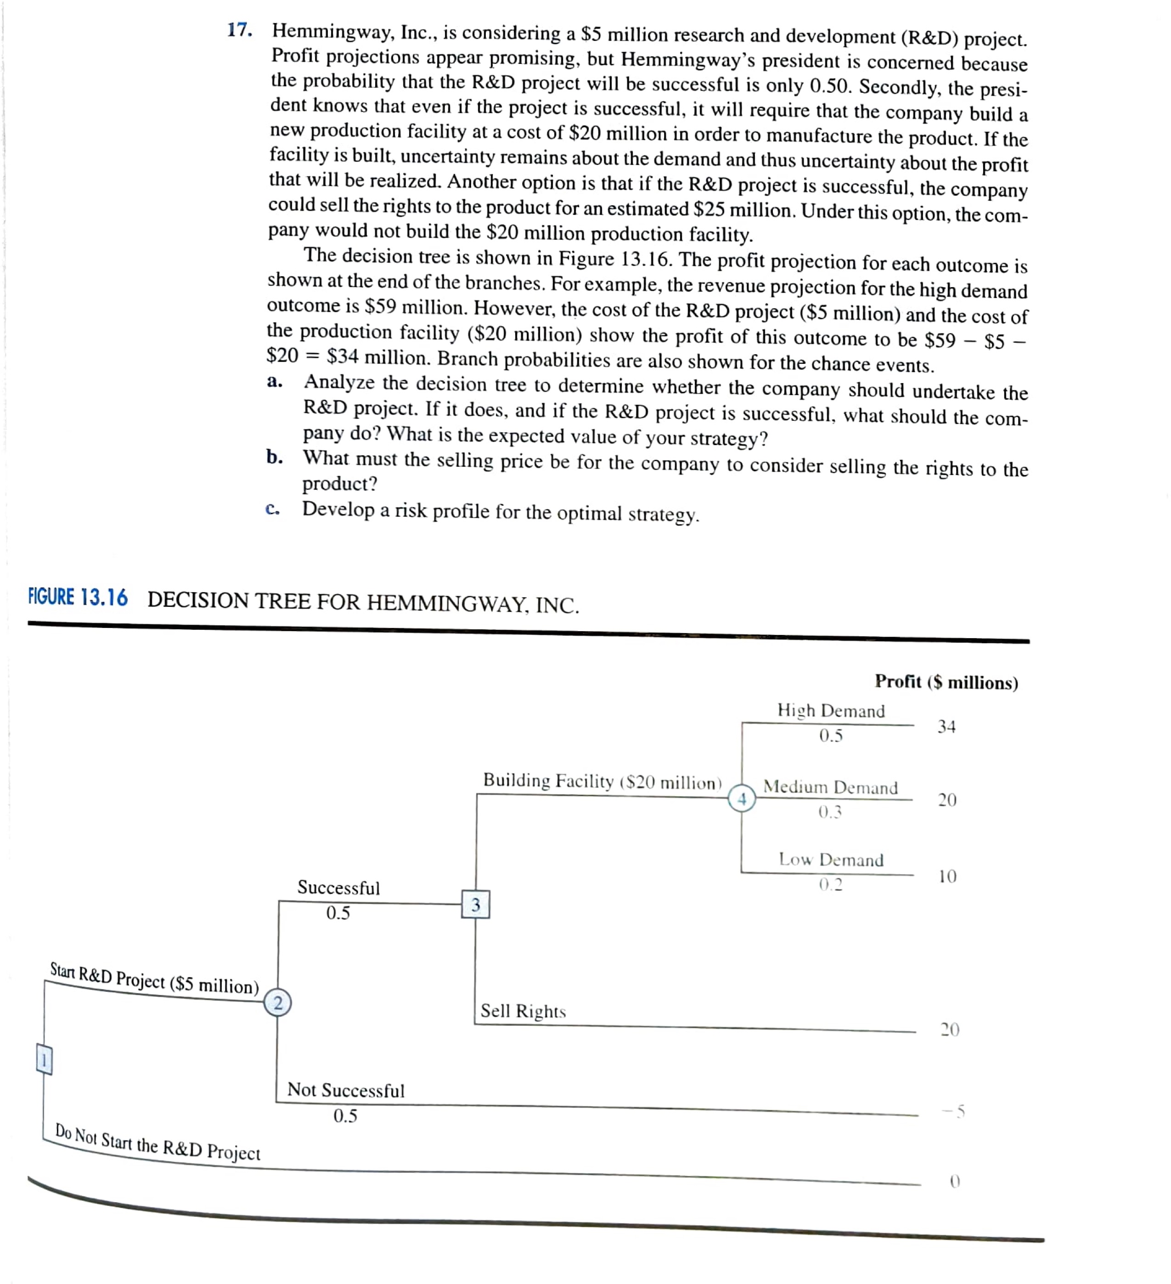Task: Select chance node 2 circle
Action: (x=278, y=1003)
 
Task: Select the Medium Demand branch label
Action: (x=830, y=787)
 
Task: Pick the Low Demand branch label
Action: (x=831, y=860)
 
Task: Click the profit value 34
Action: (x=946, y=727)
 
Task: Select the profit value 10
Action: (x=947, y=877)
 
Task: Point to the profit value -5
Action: (x=955, y=1112)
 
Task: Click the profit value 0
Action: (x=954, y=1182)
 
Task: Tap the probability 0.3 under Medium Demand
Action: (x=830, y=812)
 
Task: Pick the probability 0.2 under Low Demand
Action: (x=830, y=885)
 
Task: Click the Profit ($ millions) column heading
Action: (x=946, y=682)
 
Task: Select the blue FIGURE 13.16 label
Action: (x=78, y=597)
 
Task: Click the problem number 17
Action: (x=239, y=30)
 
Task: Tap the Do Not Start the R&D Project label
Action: (x=158, y=1143)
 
